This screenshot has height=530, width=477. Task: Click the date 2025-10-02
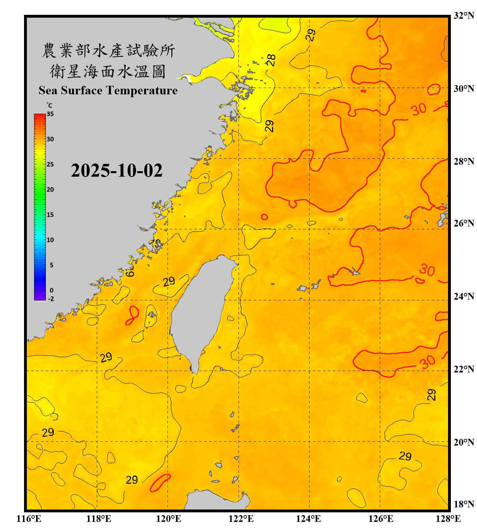pyautogui.click(x=117, y=171)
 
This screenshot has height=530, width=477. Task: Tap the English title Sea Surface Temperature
pyautogui.click(x=108, y=90)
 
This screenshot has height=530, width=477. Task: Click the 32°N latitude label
pyautogui.click(x=464, y=16)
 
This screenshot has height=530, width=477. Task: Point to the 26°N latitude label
pyautogui.click(x=464, y=223)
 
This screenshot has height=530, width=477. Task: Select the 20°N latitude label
pyautogui.click(x=464, y=442)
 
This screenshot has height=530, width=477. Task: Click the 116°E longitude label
pyautogui.click(x=29, y=519)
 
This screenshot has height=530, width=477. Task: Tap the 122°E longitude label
pyautogui.click(x=241, y=519)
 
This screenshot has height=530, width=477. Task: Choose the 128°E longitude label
pyautogui.click(x=448, y=519)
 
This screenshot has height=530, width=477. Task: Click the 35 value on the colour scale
pyautogui.click(x=50, y=114)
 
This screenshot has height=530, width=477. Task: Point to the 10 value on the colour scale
pyautogui.click(x=50, y=240)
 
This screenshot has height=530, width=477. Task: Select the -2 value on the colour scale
pyautogui.click(x=51, y=299)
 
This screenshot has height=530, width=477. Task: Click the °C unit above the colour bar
pyautogui.click(x=49, y=105)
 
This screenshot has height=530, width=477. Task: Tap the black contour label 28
pyautogui.click(x=271, y=60)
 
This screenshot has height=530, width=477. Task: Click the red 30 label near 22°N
pyautogui.click(x=427, y=362)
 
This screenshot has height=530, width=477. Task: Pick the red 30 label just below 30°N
pyautogui.click(x=419, y=110)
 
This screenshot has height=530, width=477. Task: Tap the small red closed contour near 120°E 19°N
pyautogui.click(x=160, y=483)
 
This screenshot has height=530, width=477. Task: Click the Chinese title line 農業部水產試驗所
pyautogui.click(x=108, y=51)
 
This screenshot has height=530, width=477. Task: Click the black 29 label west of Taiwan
pyautogui.click(x=169, y=281)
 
